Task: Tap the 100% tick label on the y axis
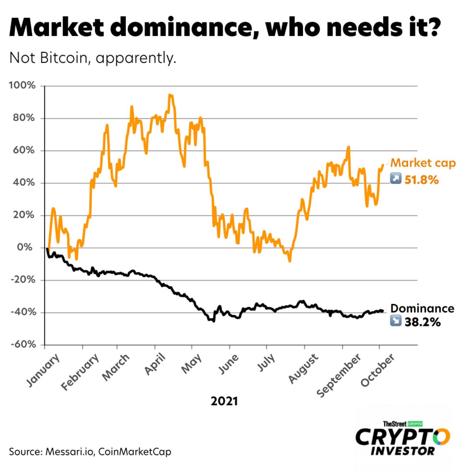point(22,85)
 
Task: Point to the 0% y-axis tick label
point(25,247)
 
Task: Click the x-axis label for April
point(155,364)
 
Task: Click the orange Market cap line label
point(423,163)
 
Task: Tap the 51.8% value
point(421,180)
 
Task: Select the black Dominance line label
point(422,308)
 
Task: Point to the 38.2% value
point(422,323)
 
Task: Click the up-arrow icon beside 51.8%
point(395,179)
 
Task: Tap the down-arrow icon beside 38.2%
point(395,321)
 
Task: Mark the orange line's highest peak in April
point(170,95)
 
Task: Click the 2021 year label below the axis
point(224,401)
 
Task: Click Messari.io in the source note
point(70,452)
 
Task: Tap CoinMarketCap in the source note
point(135,452)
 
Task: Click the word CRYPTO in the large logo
point(403,437)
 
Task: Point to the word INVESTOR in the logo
point(403,451)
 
